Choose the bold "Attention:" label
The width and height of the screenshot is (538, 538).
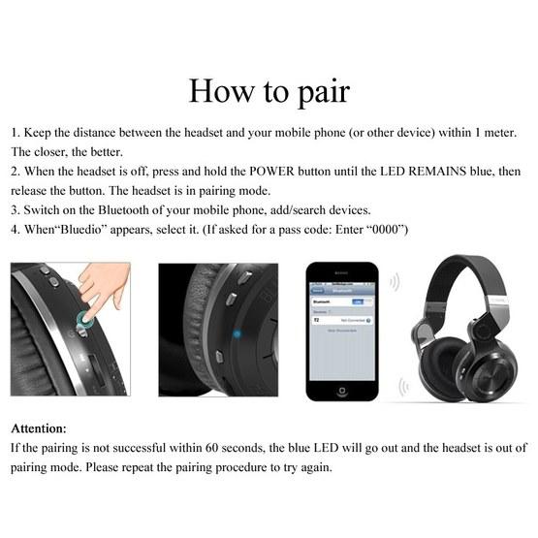tap(39, 427)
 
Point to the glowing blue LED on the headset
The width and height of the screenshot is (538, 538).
tap(236, 335)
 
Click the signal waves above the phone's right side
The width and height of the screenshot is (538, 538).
tap(393, 282)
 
